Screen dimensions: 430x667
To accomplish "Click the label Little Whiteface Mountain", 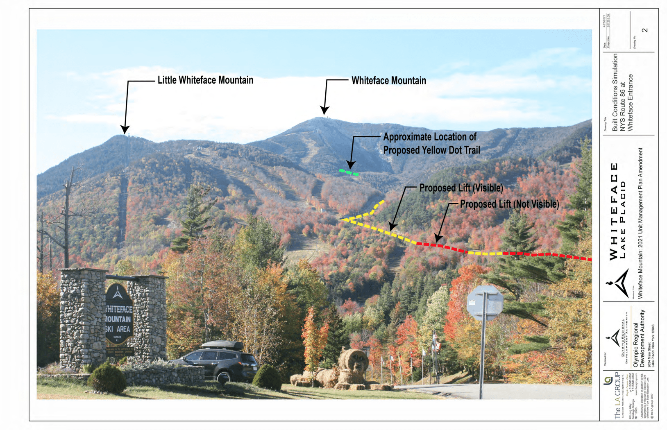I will click(x=205, y=80).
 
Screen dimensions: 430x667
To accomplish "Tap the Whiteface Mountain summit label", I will click(x=388, y=81).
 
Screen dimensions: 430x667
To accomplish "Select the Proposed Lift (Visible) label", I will click(x=461, y=188).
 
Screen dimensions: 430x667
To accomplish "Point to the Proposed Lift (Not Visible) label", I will click(x=509, y=204).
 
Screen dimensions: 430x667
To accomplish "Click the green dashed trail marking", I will click(x=349, y=172).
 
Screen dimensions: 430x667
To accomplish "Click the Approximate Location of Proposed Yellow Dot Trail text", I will click(x=431, y=143).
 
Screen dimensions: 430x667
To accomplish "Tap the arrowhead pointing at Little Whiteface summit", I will click(x=125, y=130).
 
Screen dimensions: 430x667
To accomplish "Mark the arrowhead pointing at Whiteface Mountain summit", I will click(x=324, y=110).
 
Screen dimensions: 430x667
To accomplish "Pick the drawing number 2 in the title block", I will click(x=645, y=30).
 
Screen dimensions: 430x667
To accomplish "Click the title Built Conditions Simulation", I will click(x=615, y=92).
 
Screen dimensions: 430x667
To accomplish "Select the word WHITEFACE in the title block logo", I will click(x=613, y=211).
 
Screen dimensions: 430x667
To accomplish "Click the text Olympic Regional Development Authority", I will click(x=639, y=338).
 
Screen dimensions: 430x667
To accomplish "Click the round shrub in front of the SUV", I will click(x=267, y=377).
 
